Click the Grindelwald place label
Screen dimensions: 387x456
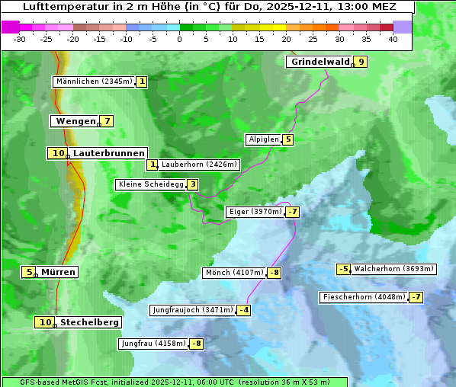pos(320,62)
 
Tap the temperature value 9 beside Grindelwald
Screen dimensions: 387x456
pos(361,62)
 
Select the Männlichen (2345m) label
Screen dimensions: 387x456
pos(94,82)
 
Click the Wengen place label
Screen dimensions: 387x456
pos(75,121)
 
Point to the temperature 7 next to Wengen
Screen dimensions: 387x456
pos(107,121)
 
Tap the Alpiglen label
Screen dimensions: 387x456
pos(263,139)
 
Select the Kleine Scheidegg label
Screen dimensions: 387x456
pos(150,184)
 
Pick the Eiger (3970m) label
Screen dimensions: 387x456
pos(255,212)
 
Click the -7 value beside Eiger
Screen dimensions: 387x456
pos(292,212)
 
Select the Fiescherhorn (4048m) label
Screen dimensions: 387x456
pos(364,297)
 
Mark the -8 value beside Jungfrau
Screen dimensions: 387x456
pos(196,344)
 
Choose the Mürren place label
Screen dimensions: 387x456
pos(58,272)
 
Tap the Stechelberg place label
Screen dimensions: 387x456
pos(89,322)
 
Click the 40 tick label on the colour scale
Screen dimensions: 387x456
pos(393,39)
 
